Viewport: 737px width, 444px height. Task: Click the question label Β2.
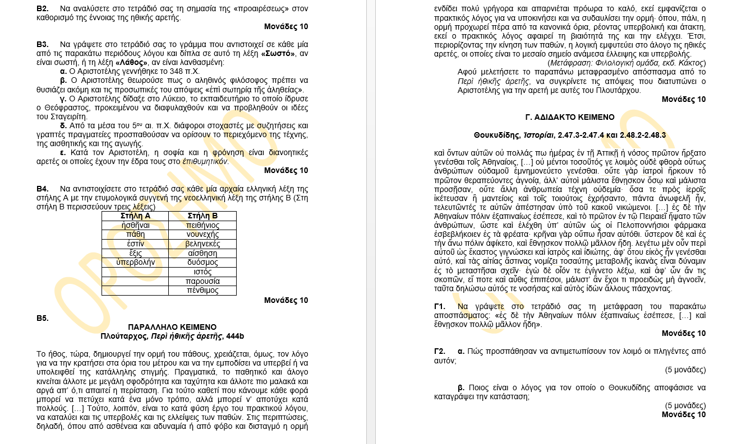click(x=43, y=8)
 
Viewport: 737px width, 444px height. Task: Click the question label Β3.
click(x=43, y=44)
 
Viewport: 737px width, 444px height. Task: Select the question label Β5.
click(x=43, y=318)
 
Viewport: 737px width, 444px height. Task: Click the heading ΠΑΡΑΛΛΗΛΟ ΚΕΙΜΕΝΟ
click(x=172, y=327)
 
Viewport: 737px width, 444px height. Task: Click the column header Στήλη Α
click(x=135, y=216)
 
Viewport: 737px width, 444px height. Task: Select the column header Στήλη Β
click(x=202, y=216)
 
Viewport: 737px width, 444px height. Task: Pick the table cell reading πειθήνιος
click(x=202, y=225)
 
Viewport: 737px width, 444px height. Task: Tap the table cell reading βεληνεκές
click(x=202, y=244)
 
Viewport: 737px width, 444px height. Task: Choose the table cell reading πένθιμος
click(x=202, y=291)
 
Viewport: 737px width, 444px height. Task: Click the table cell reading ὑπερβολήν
click(x=135, y=263)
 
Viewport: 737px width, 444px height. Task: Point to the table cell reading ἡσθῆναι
click(x=135, y=225)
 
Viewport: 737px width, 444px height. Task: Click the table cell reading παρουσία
click(x=202, y=281)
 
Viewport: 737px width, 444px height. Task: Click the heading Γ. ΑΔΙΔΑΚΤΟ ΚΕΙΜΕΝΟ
click(x=570, y=117)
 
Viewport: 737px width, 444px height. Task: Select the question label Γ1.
click(x=440, y=306)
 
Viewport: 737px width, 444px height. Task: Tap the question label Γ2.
click(x=440, y=351)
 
